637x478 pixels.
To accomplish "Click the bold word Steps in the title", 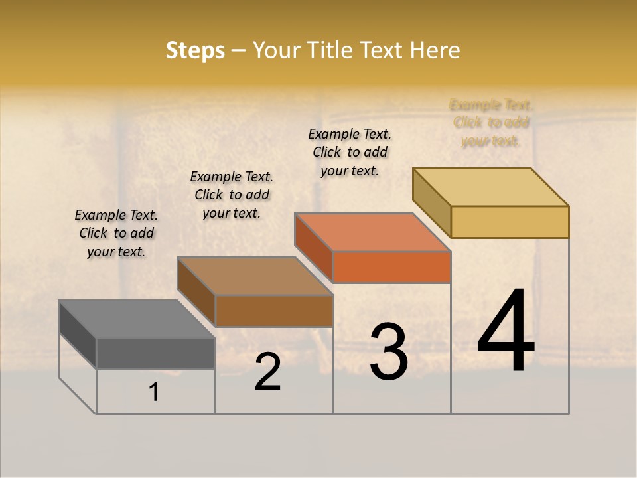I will coord(195,50).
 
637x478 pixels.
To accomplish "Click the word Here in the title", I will coord(435,50).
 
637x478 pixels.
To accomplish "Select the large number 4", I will coord(506,331).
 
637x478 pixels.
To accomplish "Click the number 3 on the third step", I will coord(389,352).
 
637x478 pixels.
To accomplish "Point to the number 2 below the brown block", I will coord(267,372).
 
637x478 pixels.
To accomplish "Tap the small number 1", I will coord(154,392).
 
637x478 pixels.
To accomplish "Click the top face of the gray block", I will coord(137,319).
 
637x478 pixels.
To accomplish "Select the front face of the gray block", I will coord(155,353).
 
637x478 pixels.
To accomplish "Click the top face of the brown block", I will coord(255,276).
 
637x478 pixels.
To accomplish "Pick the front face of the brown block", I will coord(274,311).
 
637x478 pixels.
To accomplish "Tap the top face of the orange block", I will coord(372,232).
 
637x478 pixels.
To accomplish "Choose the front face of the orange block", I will coord(391,267).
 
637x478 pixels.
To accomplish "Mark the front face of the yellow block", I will coord(510,222).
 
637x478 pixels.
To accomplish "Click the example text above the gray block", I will coord(116,233).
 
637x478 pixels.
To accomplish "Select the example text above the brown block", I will coord(232,195).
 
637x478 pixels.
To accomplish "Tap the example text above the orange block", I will coord(350,152).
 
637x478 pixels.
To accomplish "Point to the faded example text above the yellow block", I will coord(491,123).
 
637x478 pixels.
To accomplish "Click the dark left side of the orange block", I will coord(313,248).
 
